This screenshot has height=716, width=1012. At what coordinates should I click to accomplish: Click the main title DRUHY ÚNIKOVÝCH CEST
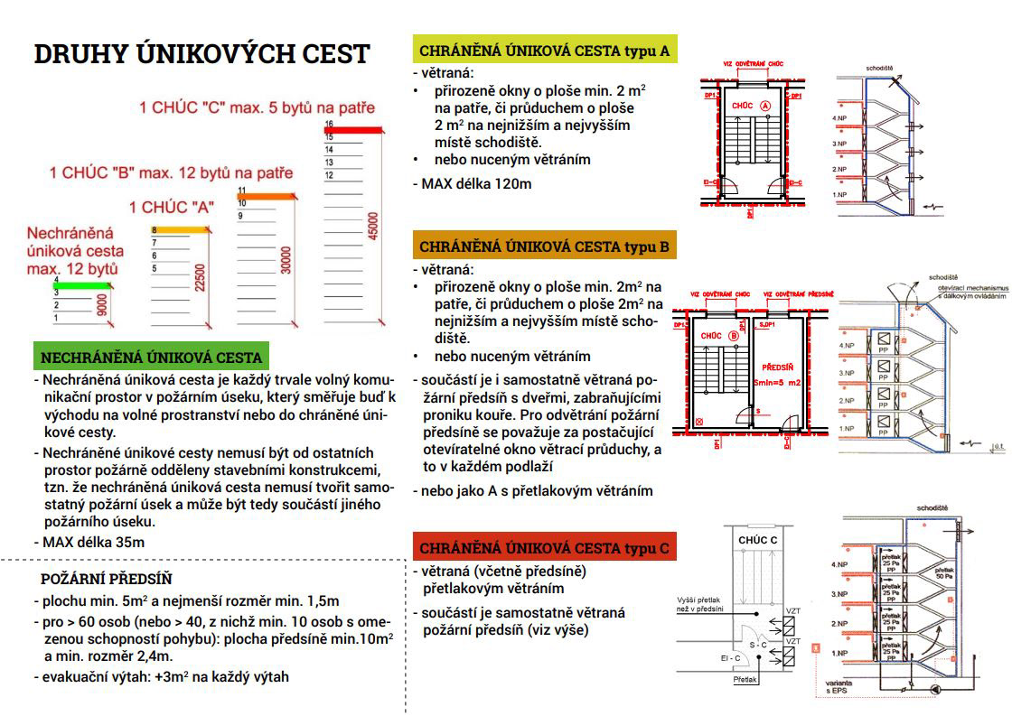tap(201, 54)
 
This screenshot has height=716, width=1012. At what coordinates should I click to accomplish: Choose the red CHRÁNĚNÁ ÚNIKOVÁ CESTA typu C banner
tap(544, 547)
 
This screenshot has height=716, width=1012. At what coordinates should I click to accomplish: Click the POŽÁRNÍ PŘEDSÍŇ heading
tap(107, 579)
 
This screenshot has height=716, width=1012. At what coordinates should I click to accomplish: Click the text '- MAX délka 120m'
tap(472, 183)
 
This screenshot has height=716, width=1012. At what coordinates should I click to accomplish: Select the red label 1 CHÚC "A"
tap(172, 207)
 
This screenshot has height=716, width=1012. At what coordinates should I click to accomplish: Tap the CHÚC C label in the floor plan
tap(757, 540)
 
